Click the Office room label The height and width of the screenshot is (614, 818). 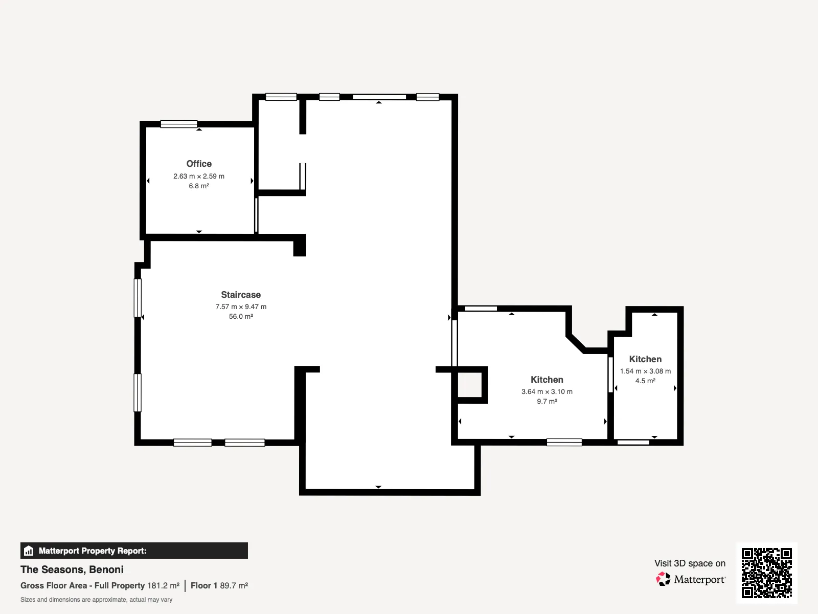point(199,164)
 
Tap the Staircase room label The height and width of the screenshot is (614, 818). point(241,295)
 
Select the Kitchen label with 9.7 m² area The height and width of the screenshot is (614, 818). point(547,380)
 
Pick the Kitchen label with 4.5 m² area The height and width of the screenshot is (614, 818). point(645,359)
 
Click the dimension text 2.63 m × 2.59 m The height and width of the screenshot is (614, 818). point(199,176)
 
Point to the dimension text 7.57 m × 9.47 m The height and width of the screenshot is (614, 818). point(241,306)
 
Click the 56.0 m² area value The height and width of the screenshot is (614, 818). point(241,316)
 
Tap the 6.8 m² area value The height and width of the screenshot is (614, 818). point(199,186)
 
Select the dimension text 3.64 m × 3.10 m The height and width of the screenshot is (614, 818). point(547,391)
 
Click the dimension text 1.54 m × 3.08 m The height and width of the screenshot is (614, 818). point(645,371)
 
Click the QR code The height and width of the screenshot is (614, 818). point(766,573)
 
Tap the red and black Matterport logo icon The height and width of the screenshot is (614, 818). point(663,579)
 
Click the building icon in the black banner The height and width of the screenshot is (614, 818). point(29,551)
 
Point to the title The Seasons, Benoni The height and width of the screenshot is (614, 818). point(72,569)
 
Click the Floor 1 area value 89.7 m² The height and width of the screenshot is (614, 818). point(234,585)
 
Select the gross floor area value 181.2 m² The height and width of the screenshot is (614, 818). point(163,585)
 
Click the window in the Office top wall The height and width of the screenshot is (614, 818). point(179,124)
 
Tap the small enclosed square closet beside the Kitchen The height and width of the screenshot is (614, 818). point(469,385)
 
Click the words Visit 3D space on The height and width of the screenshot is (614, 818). point(690,563)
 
